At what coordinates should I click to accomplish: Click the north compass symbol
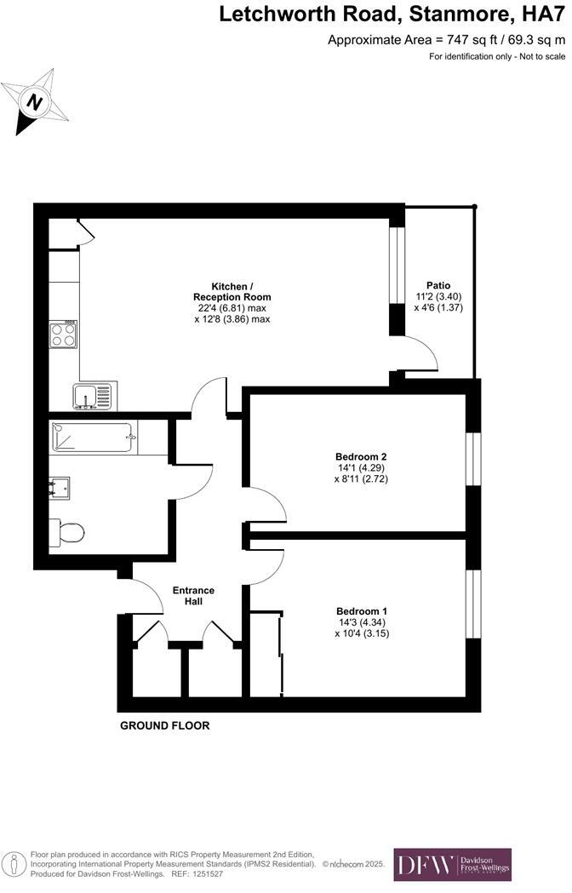point(35,102)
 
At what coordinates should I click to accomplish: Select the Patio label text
point(438,285)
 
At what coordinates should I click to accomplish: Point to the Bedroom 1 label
point(361,611)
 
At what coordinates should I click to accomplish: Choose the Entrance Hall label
point(193,596)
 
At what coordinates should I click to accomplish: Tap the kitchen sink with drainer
point(91,396)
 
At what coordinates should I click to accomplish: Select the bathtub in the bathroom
point(93,438)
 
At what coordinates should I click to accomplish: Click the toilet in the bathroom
point(68,532)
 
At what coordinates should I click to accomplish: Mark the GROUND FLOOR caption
point(164,726)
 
